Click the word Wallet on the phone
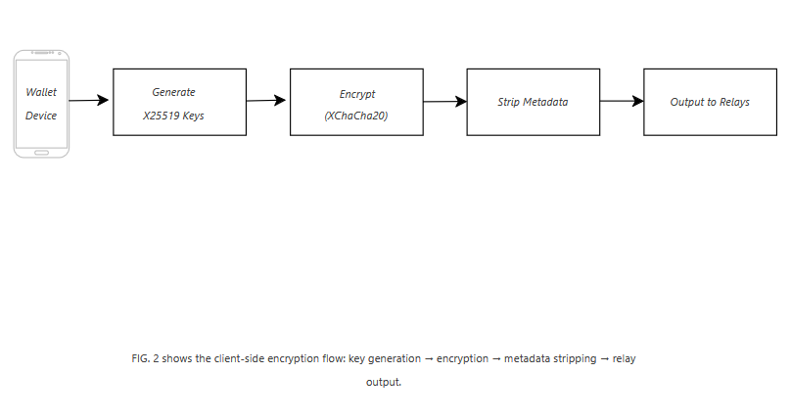click(x=41, y=92)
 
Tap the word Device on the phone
click(x=41, y=116)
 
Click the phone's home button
click(x=41, y=153)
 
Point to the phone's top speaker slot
click(x=41, y=53)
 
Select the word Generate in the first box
click(x=173, y=92)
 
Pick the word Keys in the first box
click(x=193, y=116)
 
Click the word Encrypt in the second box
click(x=357, y=94)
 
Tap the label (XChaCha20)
click(x=356, y=116)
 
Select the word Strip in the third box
click(x=508, y=103)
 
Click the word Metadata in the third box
click(x=545, y=102)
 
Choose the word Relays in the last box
click(x=734, y=103)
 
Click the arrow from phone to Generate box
click(x=89, y=100)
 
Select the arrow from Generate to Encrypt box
click(x=266, y=100)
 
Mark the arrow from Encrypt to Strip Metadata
click(x=444, y=102)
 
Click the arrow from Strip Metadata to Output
click(x=622, y=101)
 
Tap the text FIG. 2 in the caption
click(x=145, y=358)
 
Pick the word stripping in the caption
click(x=575, y=359)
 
